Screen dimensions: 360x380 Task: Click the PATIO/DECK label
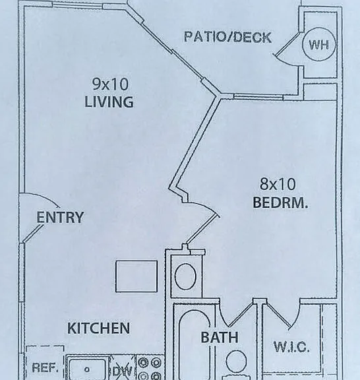coord(227,37)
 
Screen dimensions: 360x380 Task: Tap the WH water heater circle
coord(319,44)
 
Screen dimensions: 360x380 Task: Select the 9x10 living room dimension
coord(110,84)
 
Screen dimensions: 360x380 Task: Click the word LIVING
coord(109,102)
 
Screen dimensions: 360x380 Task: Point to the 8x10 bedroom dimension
coord(278,183)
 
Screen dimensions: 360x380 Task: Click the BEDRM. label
coord(280,202)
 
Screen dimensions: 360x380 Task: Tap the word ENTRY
coord(60,217)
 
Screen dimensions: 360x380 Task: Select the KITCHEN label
coord(98,328)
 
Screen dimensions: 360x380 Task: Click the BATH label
coord(220,337)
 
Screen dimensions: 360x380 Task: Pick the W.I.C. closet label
coord(291,347)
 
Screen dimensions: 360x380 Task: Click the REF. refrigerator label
coord(45,367)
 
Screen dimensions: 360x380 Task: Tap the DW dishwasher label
coord(123,371)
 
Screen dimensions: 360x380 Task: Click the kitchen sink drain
coord(87,369)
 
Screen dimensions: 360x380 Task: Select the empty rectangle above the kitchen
coord(136,276)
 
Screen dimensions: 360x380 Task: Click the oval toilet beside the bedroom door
coord(185,276)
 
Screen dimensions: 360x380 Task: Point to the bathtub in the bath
coord(195,344)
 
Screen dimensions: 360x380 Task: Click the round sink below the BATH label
coord(236,361)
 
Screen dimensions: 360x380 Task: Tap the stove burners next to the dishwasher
coord(150,368)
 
